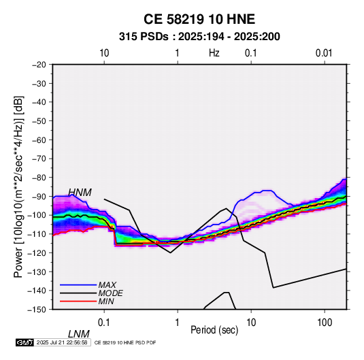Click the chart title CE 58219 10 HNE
tap(199, 19)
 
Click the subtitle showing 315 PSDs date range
tap(199, 37)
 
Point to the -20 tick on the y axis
tap(39, 65)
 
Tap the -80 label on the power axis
tap(39, 178)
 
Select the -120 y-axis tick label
tap(37, 252)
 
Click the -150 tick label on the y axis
tap(37, 310)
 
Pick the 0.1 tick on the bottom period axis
tap(104, 323)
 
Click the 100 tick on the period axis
tap(325, 323)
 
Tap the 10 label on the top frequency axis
tap(104, 53)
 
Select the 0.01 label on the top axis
tap(324, 53)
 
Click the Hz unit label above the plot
tap(214, 53)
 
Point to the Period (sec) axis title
tap(214, 330)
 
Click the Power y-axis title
tap(18, 187)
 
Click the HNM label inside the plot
tap(80, 193)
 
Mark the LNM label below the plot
tap(79, 334)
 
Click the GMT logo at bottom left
tap(25, 342)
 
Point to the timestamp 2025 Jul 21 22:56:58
tap(62, 342)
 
